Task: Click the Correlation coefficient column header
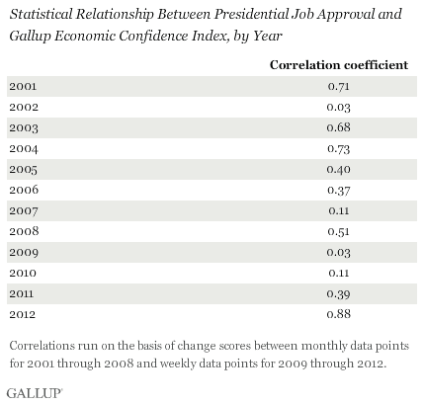click(x=339, y=65)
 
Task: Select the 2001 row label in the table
click(x=23, y=86)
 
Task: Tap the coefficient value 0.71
click(x=339, y=86)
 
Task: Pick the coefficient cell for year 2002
click(x=339, y=108)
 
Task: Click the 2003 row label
click(x=24, y=127)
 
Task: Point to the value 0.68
click(x=339, y=127)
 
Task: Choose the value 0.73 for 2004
click(x=339, y=149)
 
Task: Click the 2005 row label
click(x=23, y=170)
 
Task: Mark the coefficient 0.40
click(x=339, y=169)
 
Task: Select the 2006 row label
click(x=24, y=190)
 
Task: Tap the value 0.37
click(x=339, y=191)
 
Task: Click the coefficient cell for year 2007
click(x=339, y=210)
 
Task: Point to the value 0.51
click(x=339, y=232)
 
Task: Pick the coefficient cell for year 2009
click(x=339, y=253)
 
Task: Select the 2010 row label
click(x=23, y=273)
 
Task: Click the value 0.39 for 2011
click(x=339, y=293)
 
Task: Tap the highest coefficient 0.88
click(x=339, y=314)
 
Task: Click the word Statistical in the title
click(x=41, y=14)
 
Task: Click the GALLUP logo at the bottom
click(x=35, y=393)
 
